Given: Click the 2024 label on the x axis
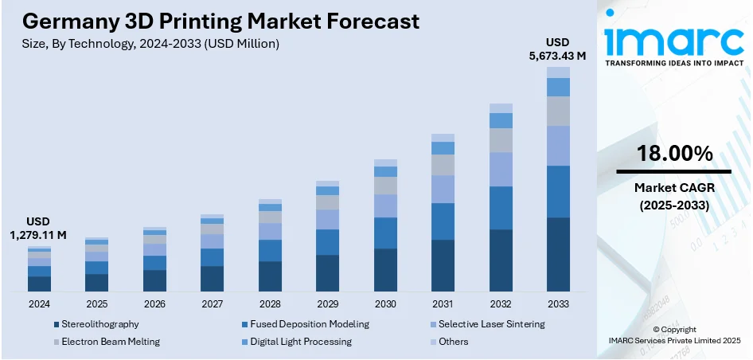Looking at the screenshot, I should pyautogui.click(x=39, y=303).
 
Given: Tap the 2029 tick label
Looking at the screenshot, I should pyautogui.click(x=327, y=303).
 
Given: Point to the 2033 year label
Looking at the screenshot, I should pyautogui.click(x=558, y=303).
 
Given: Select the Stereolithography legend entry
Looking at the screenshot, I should pyautogui.click(x=100, y=324).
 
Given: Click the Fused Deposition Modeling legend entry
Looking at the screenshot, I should pyautogui.click(x=310, y=324).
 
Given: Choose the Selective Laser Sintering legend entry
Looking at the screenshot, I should pyautogui.click(x=492, y=324).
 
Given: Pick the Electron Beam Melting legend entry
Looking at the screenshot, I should pyautogui.click(x=111, y=342).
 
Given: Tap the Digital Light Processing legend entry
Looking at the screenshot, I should pyautogui.click(x=301, y=342).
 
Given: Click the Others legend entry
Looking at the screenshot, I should pyautogui.click(x=453, y=342).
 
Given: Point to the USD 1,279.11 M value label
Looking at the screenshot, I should pyautogui.click(x=37, y=228).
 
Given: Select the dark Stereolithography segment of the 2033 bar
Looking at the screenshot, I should pyautogui.click(x=558, y=254).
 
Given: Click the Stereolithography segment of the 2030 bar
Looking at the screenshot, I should pyautogui.click(x=385, y=270).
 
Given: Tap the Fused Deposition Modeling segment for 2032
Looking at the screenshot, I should pyautogui.click(x=501, y=208).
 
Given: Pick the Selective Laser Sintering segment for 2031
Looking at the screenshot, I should pyautogui.click(x=443, y=189).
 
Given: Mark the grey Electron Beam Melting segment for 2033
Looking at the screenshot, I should pyautogui.click(x=558, y=111).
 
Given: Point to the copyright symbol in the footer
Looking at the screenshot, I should pyautogui.click(x=656, y=330).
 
